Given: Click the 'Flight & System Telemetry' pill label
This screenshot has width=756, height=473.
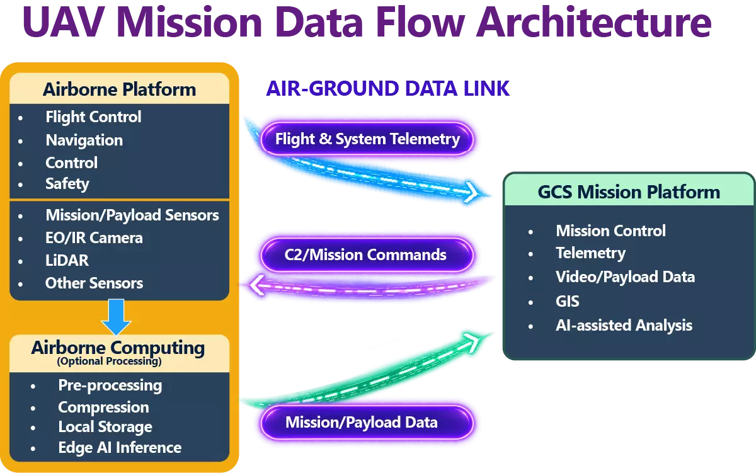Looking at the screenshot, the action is pos(367,139).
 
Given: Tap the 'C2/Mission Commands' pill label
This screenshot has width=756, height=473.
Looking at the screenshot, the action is pos(367,254).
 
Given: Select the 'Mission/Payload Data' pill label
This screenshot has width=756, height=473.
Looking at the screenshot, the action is pos(367,423).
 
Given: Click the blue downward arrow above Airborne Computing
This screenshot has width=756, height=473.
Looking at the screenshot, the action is pos(116,316).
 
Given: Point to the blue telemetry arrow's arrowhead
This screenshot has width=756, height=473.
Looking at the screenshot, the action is pos(472,193).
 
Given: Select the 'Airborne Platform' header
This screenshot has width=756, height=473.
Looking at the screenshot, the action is pos(120,89).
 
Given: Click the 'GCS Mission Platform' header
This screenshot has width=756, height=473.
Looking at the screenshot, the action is pos(629,192).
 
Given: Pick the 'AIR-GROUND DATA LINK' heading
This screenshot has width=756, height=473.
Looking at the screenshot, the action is pos(388,89).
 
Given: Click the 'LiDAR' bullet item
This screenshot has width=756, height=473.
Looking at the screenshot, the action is pos(67,261).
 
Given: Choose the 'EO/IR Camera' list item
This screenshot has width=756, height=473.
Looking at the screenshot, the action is pos(94,238).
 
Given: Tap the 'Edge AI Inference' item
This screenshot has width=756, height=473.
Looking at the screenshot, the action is pos(120,448).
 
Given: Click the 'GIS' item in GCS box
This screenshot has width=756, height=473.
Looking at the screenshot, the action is pos(568,301).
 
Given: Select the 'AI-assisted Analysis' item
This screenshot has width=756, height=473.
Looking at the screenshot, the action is pos(624,326).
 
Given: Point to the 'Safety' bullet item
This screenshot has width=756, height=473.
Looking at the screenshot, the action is pos(67,184).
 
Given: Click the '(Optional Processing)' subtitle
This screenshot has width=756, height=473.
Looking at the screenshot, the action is pos(110,362).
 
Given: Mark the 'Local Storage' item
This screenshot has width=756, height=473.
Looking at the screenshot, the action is pos(105,427).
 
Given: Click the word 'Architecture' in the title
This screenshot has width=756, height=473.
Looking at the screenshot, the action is pos(594,22).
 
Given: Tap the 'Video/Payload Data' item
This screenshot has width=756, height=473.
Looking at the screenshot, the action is pos(626,277).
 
